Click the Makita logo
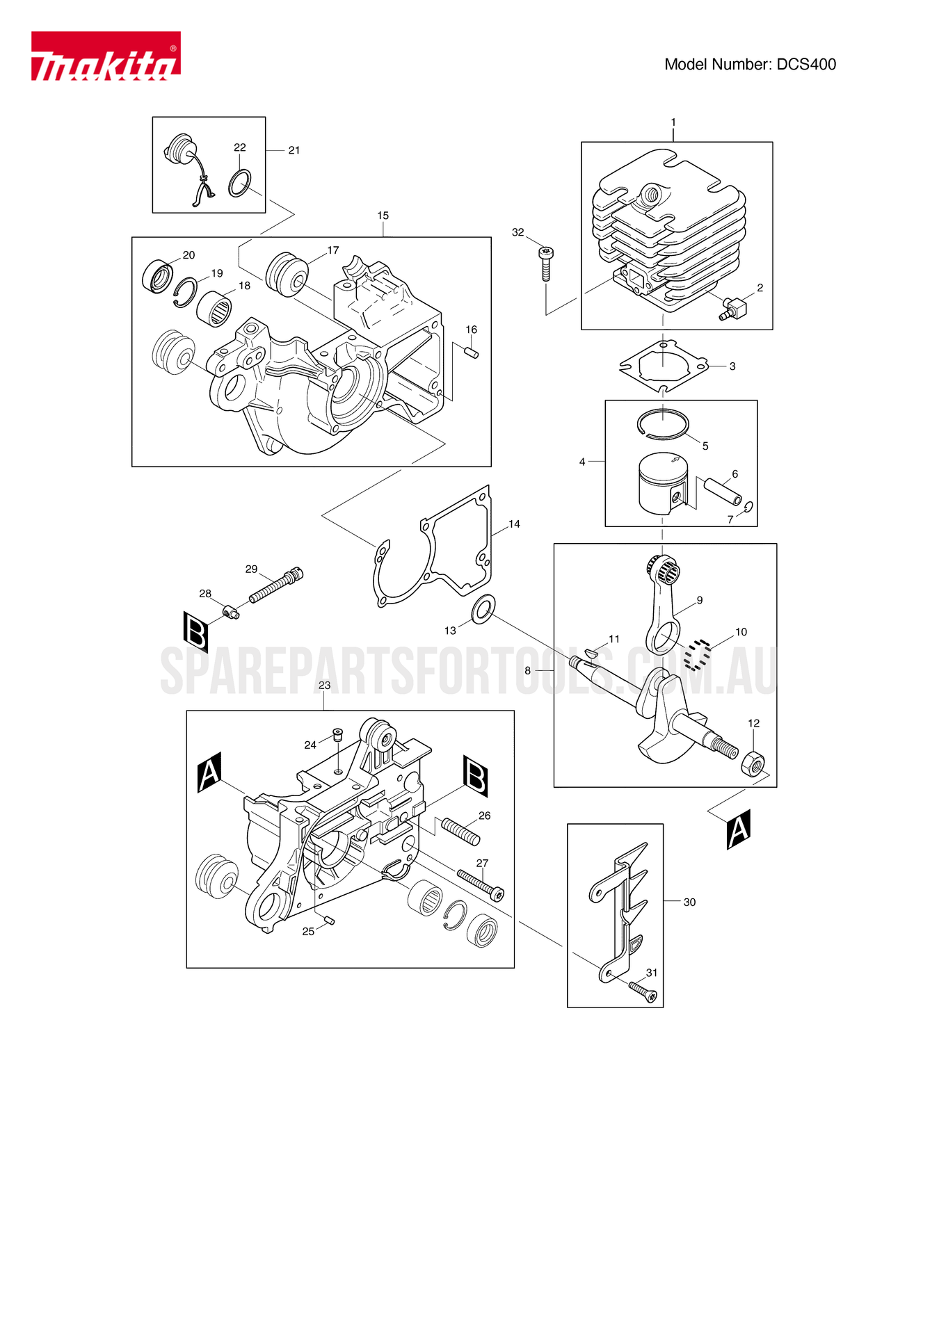click(x=106, y=56)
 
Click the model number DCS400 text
click(x=750, y=65)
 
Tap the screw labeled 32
click(x=546, y=264)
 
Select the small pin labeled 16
click(x=471, y=353)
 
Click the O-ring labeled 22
click(x=240, y=183)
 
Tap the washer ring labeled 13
click(x=483, y=609)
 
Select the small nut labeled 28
click(x=232, y=612)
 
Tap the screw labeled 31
click(x=643, y=991)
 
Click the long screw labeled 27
click(x=480, y=884)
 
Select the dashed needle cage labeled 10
click(x=697, y=654)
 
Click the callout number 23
click(x=324, y=686)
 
